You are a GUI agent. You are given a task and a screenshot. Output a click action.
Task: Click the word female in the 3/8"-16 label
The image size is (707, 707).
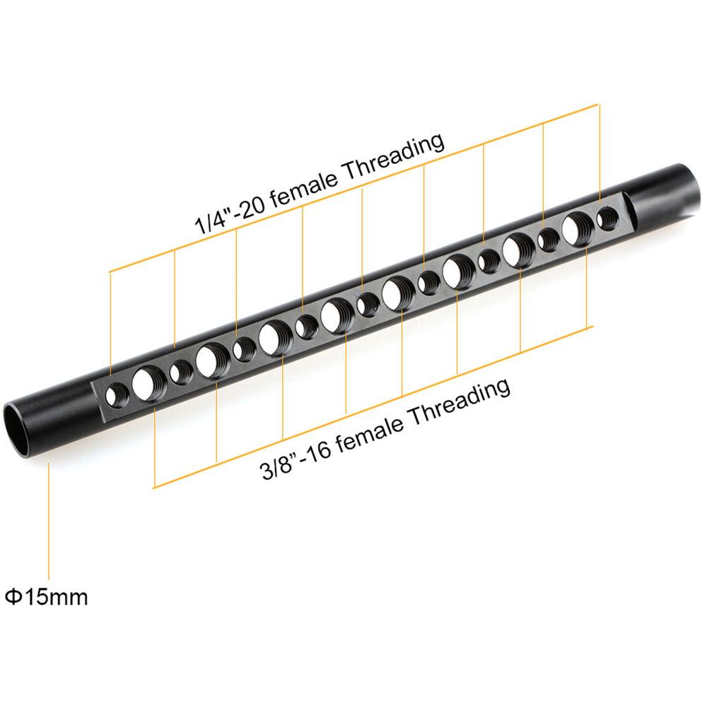pyautogui.click(x=370, y=432)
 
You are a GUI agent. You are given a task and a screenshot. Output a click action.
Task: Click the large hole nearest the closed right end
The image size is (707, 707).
pyautogui.click(x=577, y=228)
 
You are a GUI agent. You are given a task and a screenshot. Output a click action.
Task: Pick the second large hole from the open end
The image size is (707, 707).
pyautogui.click(x=210, y=359)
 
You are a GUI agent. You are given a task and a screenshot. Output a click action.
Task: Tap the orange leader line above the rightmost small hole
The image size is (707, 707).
pyautogui.click(x=600, y=156)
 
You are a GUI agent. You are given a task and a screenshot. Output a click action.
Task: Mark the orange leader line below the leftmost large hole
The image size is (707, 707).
pyautogui.click(x=154, y=445)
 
